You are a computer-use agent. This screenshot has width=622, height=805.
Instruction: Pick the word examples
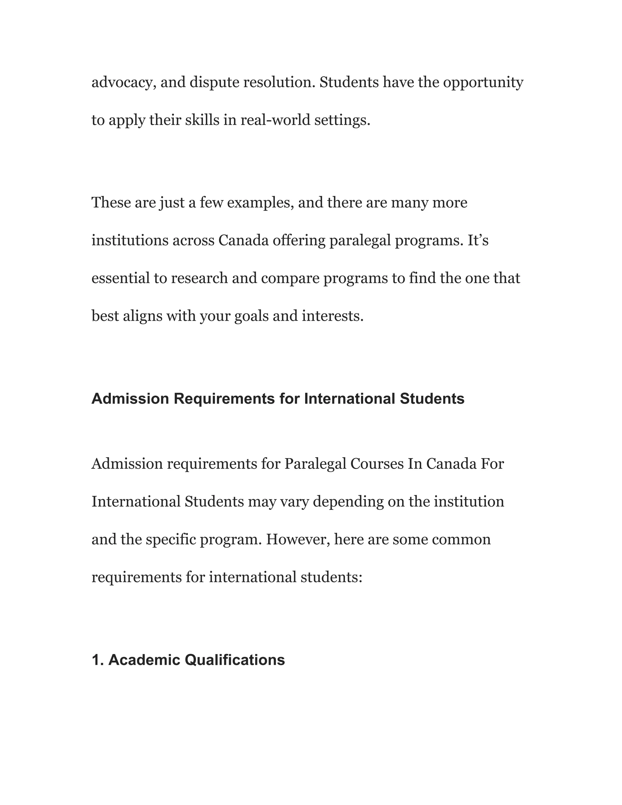(260, 203)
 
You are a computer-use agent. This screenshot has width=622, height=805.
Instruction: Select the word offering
(299, 240)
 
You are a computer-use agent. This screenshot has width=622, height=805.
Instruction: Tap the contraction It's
(478, 240)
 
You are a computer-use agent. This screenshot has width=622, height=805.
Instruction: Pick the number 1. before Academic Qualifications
(98, 660)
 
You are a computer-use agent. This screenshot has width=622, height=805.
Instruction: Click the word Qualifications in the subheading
(234, 660)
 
